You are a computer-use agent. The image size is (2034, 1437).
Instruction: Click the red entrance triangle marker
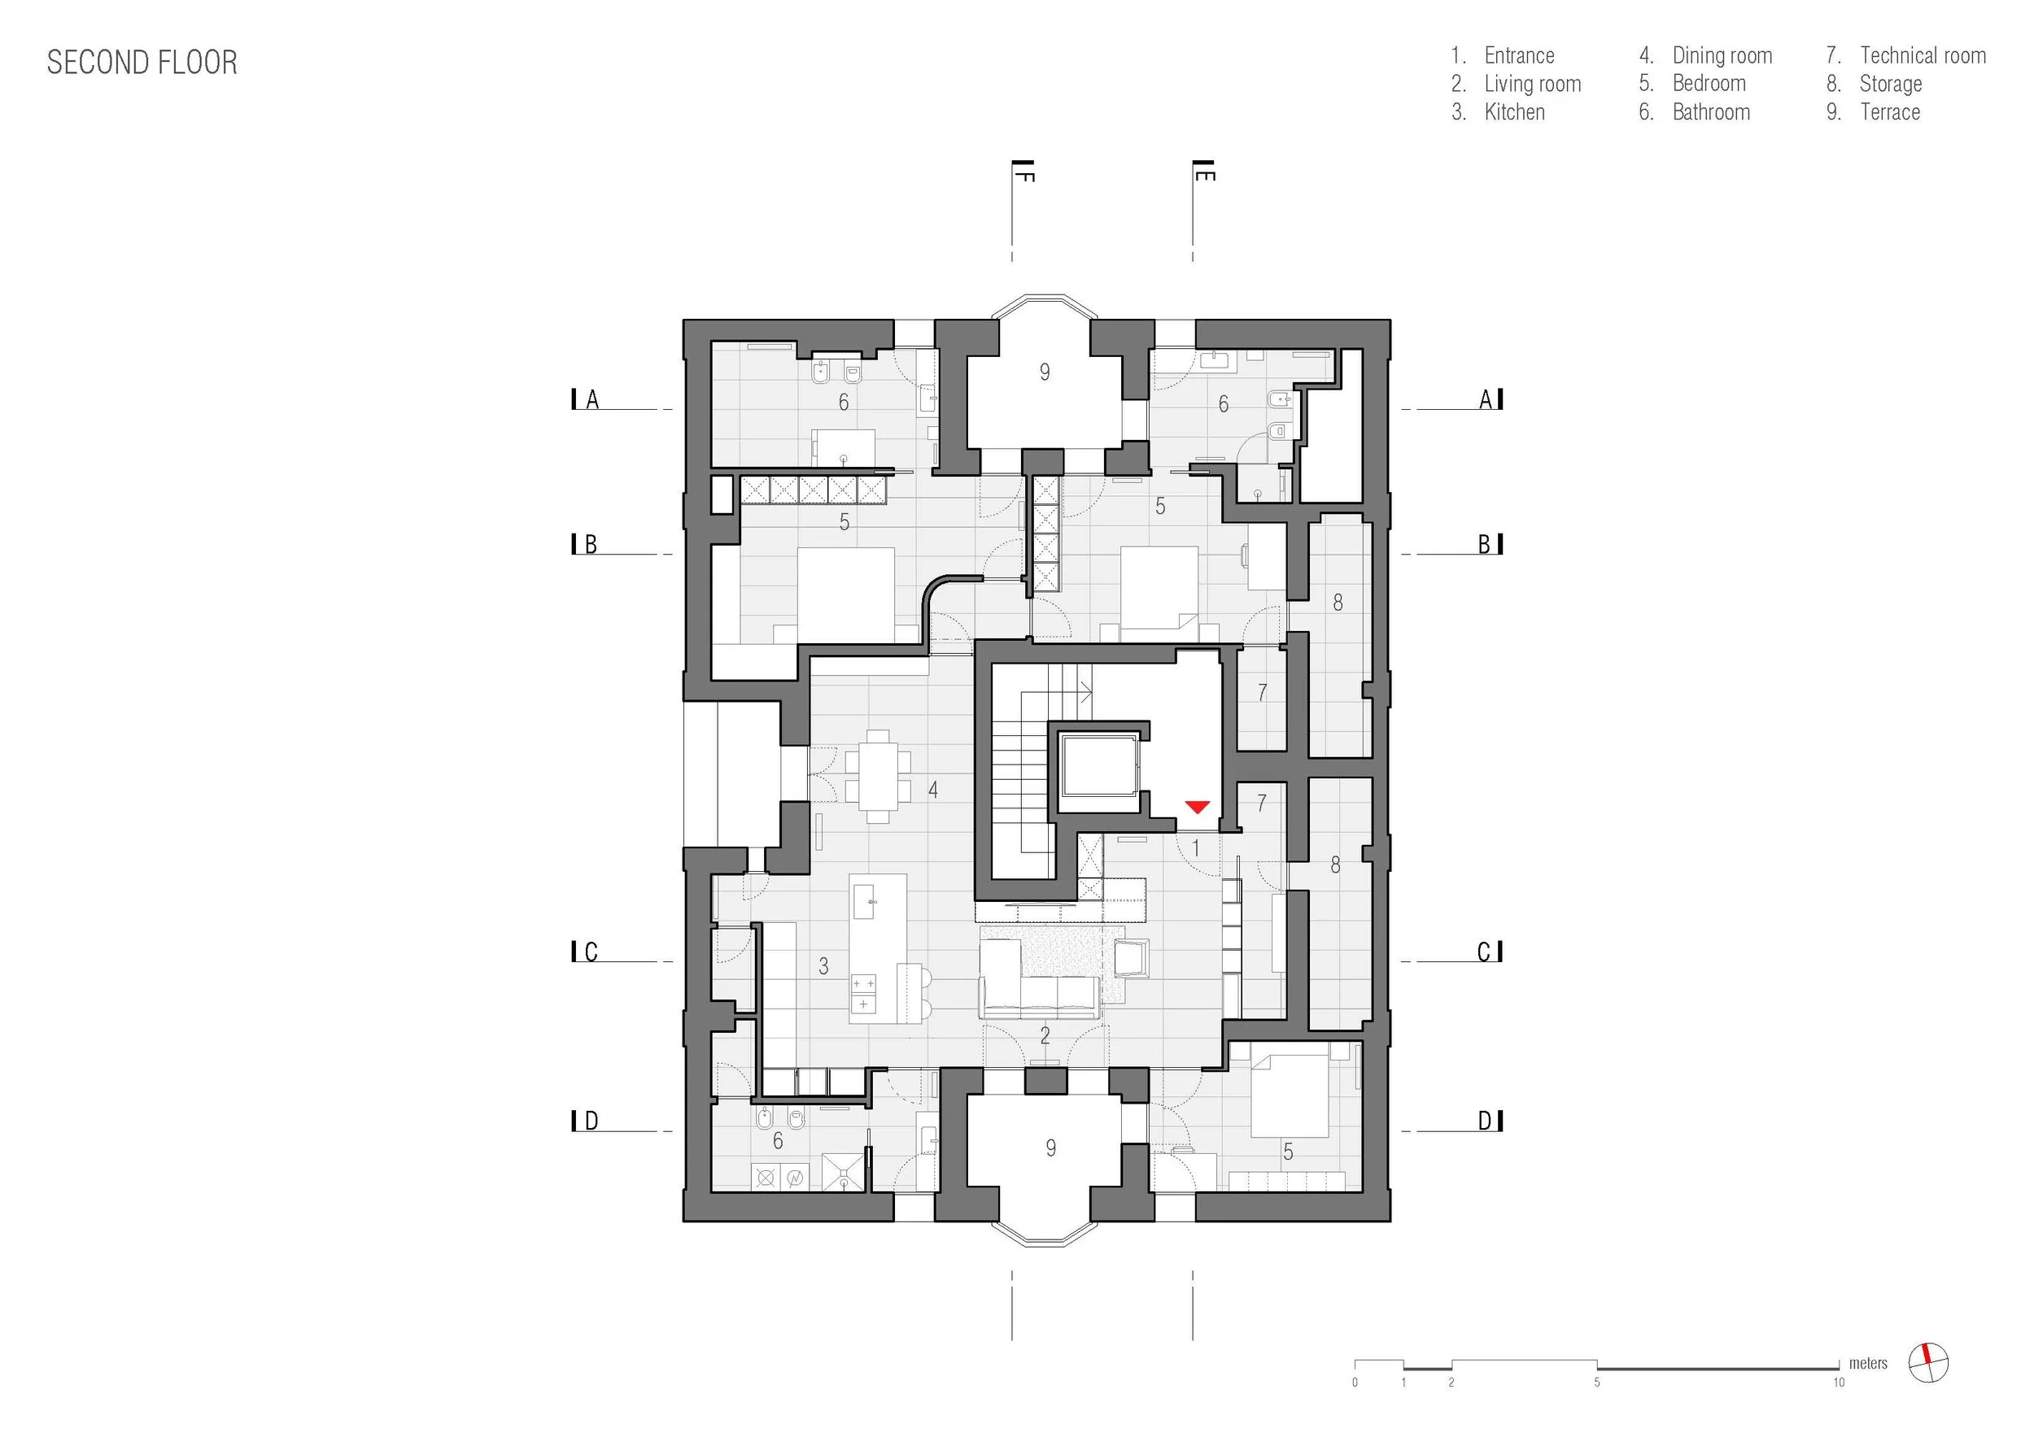(1197, 806)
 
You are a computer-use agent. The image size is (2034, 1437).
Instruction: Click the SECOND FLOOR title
(142, 63)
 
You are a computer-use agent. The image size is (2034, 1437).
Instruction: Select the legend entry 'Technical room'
(1923, 55)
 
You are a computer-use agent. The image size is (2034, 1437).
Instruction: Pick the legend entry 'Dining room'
(1722, 56)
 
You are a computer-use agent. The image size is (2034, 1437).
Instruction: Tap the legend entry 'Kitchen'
(1514, 111)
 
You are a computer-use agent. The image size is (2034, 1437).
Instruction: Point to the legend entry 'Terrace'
(1890, 111)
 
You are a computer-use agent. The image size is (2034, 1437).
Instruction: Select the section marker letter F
(1026, 176)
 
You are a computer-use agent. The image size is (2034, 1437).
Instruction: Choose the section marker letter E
(1206, 176)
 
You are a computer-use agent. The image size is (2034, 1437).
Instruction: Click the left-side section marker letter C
(591, 952)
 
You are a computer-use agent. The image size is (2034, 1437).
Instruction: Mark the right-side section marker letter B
(1484, 545)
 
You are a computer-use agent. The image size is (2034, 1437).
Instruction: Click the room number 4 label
(933, 790)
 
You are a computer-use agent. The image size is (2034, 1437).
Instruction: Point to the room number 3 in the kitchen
(824, 966)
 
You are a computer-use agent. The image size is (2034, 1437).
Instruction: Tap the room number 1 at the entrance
(1195, 848)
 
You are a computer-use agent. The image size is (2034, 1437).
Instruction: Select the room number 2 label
(1045, 1034)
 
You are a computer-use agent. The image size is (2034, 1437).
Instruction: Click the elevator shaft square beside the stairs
(1099, 763)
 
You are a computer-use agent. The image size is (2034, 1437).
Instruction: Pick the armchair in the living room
(1130, 957)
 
